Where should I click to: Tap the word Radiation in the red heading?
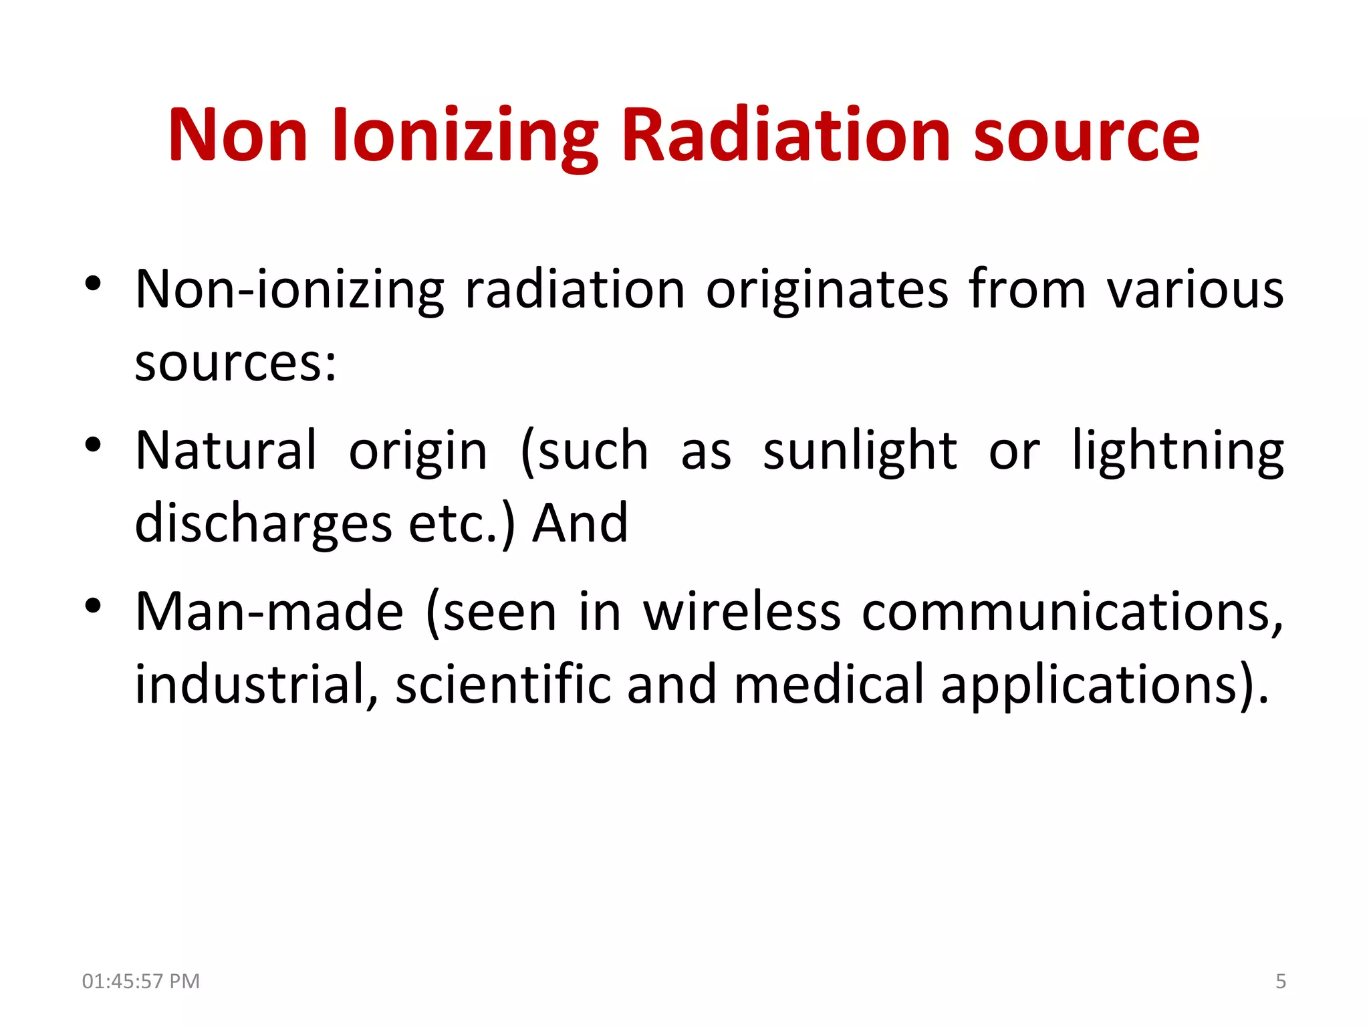tap(786, 136)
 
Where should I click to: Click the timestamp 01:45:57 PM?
tap(141, 981)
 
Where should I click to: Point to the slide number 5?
tap(1280, 981)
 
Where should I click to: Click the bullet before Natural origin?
tap(93, 444)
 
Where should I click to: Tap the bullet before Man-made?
tap(93, 605)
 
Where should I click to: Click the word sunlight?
tap(860, 451)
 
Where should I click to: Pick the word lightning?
tap(1178, 451)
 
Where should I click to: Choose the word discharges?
tap(263, 524)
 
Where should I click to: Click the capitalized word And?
tap(580, 524)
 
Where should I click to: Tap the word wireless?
tap(741, 612)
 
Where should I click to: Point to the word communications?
tap(1072, 612)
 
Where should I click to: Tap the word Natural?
tap(226, 451)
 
